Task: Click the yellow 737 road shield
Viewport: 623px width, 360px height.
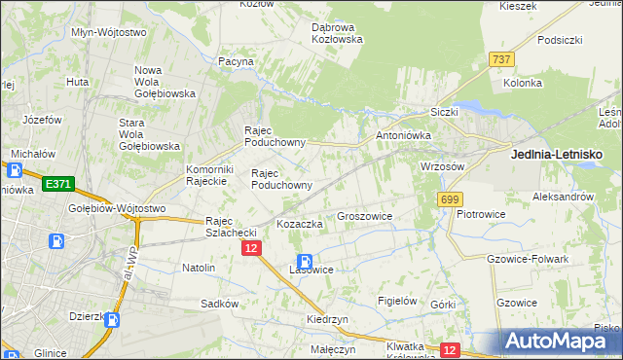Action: tap(501, 59)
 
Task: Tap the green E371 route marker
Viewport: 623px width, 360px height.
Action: tap(58, 184)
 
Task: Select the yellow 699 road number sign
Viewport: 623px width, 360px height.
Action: tap(449, 199)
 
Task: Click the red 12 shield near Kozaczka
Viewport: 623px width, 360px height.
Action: tap(252, 249)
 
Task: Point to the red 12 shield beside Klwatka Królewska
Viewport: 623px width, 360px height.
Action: tap(449, 349)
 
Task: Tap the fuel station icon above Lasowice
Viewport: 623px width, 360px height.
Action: tap(305, 261)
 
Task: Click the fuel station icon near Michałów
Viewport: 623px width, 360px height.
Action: tap(15, 170)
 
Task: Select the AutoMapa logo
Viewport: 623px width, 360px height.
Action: tap(559, 342)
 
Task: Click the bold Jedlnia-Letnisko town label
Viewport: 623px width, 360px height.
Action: tap(558, 154)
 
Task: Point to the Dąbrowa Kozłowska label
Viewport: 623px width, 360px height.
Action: tap(337, 33)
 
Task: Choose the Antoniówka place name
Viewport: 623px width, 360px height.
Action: tap(403, 135)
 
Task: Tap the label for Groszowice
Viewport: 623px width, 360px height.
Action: tap(363, 216)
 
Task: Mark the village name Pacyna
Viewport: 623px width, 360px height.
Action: tap(236, 61)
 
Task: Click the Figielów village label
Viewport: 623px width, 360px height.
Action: tap(396, 301)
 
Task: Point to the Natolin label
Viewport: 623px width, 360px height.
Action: tap(199, 266)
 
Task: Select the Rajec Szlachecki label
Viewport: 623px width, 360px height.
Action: tap(231, 227)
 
